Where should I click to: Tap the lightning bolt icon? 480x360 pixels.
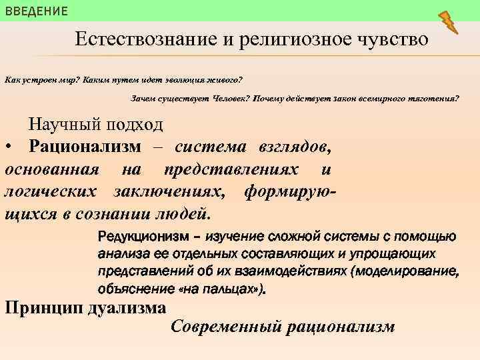click(x=449, y=22)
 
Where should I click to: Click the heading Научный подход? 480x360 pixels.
click(x=95, y=125)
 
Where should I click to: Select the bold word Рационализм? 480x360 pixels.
click(x=85, y=146)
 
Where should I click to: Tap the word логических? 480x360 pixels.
click(x=49, y=192)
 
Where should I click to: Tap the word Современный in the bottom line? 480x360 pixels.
click(x=224, y=327)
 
